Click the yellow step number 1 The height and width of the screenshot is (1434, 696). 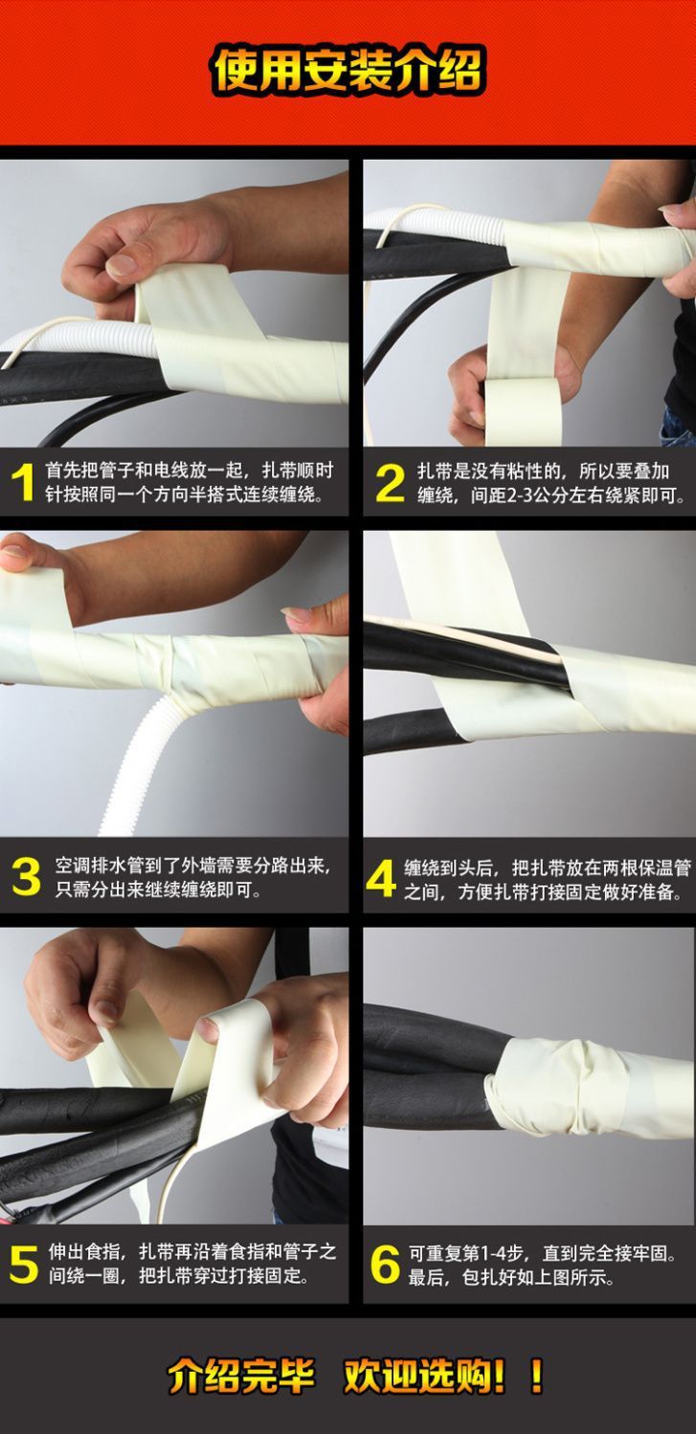[23, 482]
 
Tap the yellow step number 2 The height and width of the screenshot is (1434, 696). [391, 482]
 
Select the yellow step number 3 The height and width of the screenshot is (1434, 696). [26, 876]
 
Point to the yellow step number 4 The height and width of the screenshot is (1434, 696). [381, 877]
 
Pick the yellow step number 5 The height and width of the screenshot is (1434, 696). [24, 1265]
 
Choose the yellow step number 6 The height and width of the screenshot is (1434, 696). [385, 1265]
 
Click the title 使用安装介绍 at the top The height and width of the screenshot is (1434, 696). [348, 71]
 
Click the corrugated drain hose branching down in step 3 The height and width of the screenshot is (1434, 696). [138, 765]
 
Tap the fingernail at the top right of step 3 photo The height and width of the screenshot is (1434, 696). [296, 614]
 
